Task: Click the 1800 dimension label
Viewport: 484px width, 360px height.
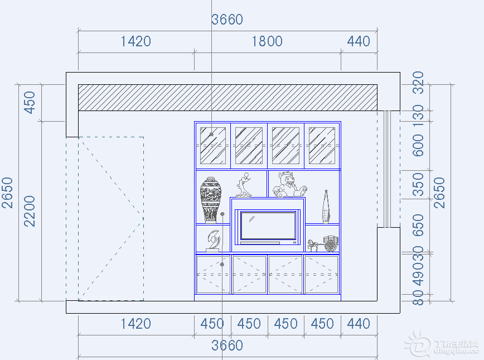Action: [x=267, y=41]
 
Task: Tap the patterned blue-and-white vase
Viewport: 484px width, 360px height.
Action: [x=211, y=199]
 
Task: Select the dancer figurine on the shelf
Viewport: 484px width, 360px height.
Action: [x=243, y=185]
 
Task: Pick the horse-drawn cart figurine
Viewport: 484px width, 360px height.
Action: [x=324, y=243]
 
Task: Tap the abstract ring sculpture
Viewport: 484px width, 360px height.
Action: [x=213, y=240]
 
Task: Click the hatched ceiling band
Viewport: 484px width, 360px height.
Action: [x=228, y=98]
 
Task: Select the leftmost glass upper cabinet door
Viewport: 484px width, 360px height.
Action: [x=212, y=146]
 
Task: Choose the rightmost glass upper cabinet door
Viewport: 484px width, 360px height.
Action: [x=322, y=146]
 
